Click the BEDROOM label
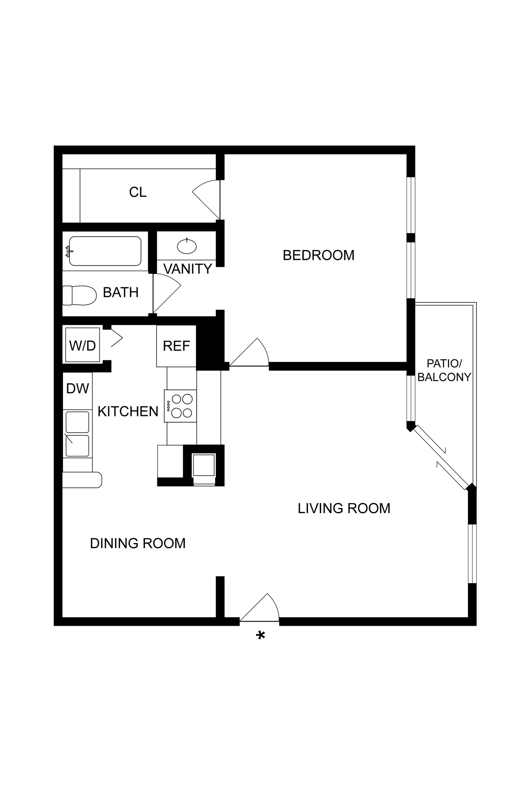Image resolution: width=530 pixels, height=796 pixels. pyautogui.click(x=318, y=255)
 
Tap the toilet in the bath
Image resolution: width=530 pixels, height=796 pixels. pyautogui.click(x=80, y=295)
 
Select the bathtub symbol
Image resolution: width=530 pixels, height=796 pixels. pyautogui.click(x=105, y=251)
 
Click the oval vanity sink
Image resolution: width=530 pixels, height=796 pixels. pyautogui.click(x=187, y=246)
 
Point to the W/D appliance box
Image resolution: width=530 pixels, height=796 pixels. pyautogui.click(x=82, y=345)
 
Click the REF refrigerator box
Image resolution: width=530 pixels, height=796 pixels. pyautogui.click(x=176, y=346)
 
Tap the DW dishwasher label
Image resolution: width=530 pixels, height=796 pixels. pyautogui.click(x=78, y=388)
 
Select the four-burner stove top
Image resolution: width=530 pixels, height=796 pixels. pyautogui.click(x=181, y=406)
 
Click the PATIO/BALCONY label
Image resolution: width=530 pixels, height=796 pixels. pyautogui.click(x=444, y=370)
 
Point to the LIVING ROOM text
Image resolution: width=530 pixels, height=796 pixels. pyautogui.click(x=344, y=508)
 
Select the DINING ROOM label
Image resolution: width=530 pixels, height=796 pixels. pyautogui.click(x=137, y=543)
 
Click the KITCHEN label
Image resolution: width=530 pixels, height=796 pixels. pyautogui.click(x=128, y=411)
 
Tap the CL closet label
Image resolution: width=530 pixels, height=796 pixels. pyautogui.click(x=137, y=192)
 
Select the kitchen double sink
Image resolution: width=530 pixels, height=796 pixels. pyautogui.click(x=77, y=434)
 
